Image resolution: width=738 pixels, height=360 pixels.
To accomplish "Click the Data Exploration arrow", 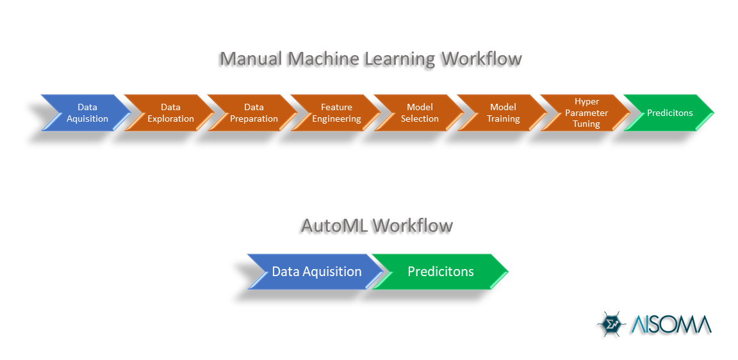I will (x=170, y=113).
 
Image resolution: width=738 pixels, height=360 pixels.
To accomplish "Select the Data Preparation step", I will (x=254, y=113).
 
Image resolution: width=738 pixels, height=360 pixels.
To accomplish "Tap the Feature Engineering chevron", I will (x=337, y=113).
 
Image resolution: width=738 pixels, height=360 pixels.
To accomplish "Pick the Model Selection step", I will (x=420, y=113).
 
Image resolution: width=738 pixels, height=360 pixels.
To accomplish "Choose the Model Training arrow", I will (x=504, y=113).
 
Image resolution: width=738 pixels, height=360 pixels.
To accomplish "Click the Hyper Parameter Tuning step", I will (x=587, y=113).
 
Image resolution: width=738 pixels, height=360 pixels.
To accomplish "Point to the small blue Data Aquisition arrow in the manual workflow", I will (x=87, y=113).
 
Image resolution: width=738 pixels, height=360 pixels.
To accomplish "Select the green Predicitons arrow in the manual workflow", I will (x=669, y=113).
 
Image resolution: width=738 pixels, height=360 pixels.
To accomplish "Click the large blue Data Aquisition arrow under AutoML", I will (x=316, y=272).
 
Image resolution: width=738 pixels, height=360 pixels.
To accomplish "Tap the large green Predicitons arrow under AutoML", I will (x=441, y=272).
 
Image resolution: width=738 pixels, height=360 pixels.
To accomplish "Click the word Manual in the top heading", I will (x=251, y=59).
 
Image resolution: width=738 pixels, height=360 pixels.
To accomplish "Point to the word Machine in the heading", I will (x=324, y=59).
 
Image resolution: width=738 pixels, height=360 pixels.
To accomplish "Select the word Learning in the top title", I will (x=400, y=59).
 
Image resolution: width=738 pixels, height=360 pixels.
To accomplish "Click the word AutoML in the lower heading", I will (x=334, y=225).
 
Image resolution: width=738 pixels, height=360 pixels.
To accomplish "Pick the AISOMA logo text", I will (x=669, y=324).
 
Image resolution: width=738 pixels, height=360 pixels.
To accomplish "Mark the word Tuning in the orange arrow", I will (x=587, y=124).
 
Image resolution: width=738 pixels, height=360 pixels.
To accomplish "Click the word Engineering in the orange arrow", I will (x=337, y=119).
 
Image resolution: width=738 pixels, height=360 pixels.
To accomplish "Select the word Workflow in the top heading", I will (x=482, y=59).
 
